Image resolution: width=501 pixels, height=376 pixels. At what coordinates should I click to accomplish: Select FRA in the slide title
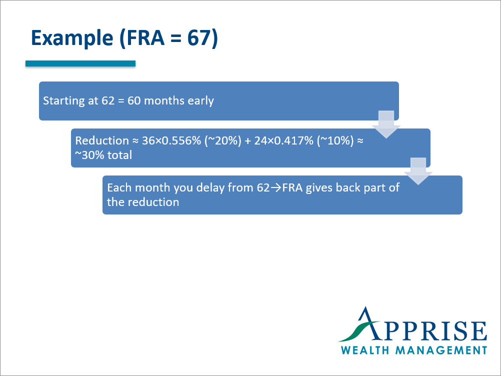point(141,38)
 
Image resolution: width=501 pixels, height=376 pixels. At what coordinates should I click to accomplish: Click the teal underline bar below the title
point(80,63)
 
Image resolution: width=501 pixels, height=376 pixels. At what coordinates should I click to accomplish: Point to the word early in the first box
point(201,101)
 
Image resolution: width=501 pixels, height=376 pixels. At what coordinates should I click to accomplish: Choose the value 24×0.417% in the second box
point(281,141)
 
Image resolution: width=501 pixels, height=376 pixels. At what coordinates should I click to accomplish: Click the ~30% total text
point(103,155)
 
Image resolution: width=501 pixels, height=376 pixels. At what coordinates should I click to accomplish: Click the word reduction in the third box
point(153,202)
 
